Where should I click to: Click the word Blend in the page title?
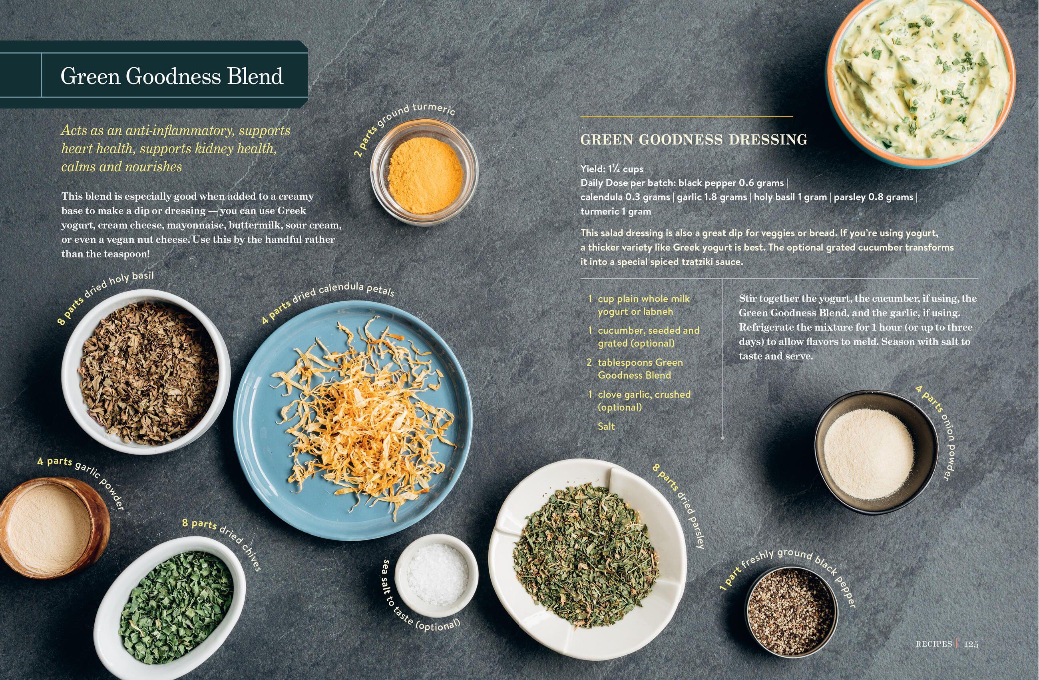click(255, 76)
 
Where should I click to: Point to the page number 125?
click(971, 644)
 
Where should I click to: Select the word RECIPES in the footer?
click(934, 644)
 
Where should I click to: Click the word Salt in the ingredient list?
click(606, 426)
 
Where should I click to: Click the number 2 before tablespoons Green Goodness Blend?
click(589, 363)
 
